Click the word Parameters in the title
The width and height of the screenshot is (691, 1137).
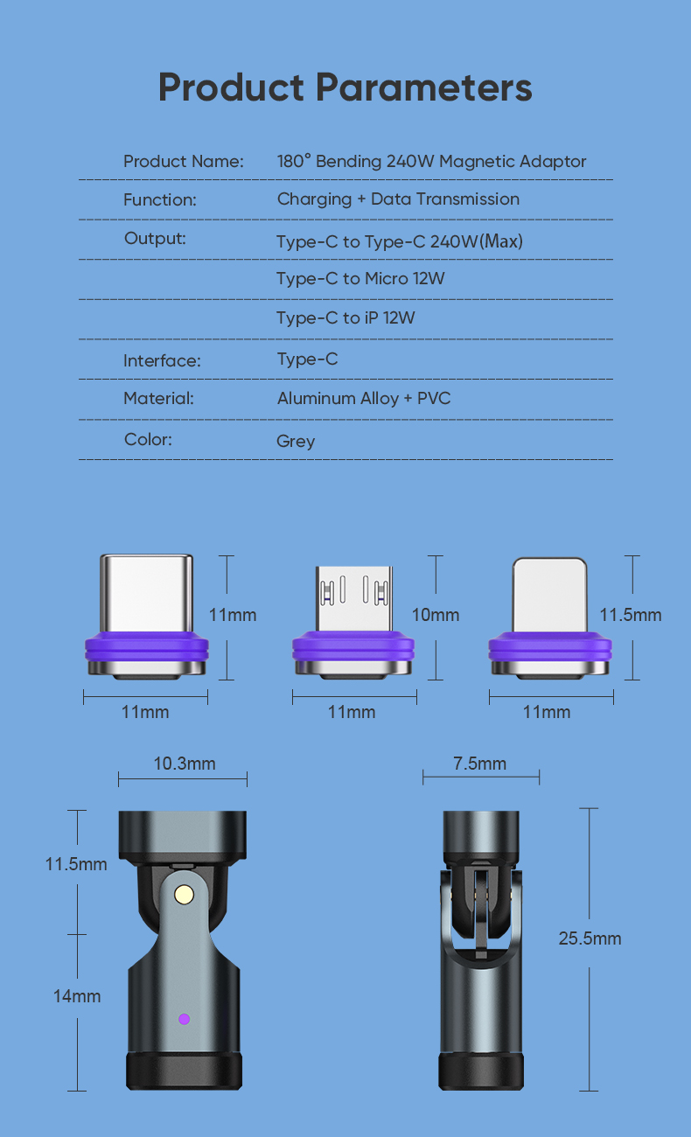coord(423,87)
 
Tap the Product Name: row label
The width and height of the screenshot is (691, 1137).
coord(184,162)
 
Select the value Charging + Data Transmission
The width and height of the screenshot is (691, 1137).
coord(398,199)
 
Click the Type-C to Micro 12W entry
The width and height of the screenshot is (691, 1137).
coord(360,279)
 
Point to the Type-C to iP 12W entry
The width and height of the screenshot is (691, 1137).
coord(345,318)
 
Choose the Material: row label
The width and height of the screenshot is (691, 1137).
coord(158,399)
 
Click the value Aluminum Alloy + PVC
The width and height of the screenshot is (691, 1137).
coord(364,399)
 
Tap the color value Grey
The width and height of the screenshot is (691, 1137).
coord(296,441)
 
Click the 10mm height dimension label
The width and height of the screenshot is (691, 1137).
coord(435,615)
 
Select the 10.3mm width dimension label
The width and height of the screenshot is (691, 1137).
coord(185,764)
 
